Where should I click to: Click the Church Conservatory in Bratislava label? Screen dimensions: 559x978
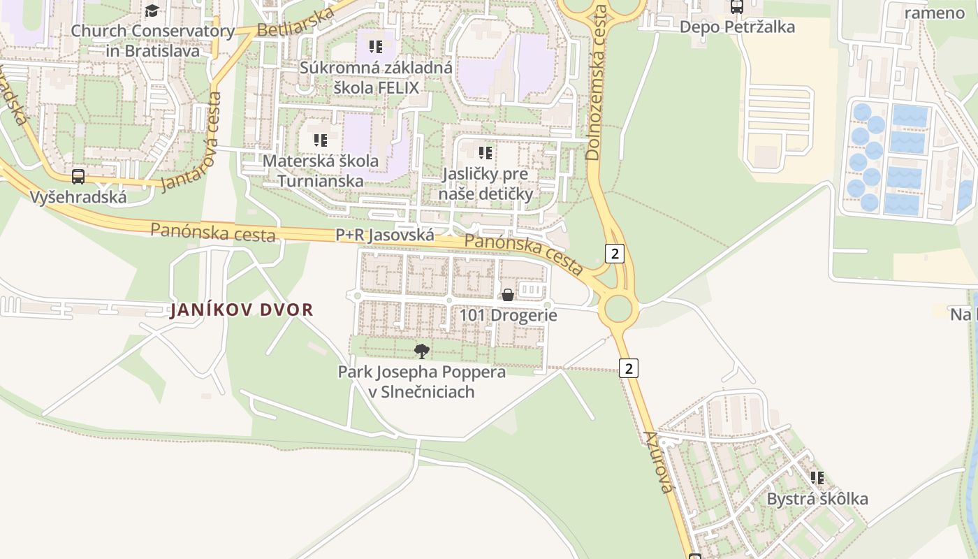153,41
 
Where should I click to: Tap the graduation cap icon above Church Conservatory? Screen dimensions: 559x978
152,10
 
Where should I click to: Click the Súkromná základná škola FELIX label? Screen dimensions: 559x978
376,78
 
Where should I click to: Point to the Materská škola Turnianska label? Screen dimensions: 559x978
321,170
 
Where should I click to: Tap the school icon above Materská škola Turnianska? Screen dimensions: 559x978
321,140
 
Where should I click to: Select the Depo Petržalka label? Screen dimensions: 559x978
737,27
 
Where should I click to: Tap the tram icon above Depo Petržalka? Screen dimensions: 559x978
736,7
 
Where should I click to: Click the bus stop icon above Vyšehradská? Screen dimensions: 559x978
78,177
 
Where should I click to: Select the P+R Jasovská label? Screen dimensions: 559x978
385,235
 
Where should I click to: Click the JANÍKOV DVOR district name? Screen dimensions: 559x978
242,310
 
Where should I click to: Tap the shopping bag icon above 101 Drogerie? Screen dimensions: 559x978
508,295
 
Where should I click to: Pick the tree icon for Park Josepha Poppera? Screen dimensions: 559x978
421,351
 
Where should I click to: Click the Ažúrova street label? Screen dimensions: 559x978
658,462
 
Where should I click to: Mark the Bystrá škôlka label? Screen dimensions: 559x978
817,499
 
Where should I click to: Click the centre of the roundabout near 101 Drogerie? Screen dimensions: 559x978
618,308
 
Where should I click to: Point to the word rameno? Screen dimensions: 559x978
934,13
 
